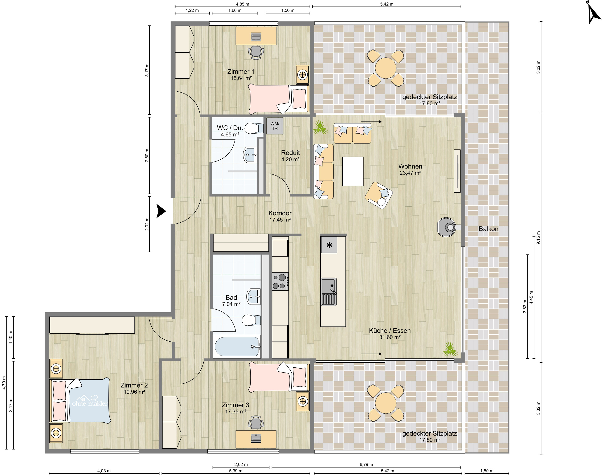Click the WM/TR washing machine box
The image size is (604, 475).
275,126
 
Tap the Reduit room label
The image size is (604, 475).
290,153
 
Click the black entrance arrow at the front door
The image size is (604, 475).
161,211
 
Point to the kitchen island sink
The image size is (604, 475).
329,292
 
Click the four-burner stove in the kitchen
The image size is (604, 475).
280,281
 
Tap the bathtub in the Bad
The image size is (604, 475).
237,347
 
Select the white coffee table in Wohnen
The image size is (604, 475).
353,171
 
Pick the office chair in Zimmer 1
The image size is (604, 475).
256,52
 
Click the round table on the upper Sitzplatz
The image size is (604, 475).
386,68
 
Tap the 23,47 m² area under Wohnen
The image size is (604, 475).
410,173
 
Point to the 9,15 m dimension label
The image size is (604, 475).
538,238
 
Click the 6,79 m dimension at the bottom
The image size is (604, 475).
366,464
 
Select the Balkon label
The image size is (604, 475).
488,229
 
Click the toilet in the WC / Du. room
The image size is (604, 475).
254,128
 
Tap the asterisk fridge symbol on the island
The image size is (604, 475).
329,245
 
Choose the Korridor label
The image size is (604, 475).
280,213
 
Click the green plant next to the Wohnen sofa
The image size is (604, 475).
320,127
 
